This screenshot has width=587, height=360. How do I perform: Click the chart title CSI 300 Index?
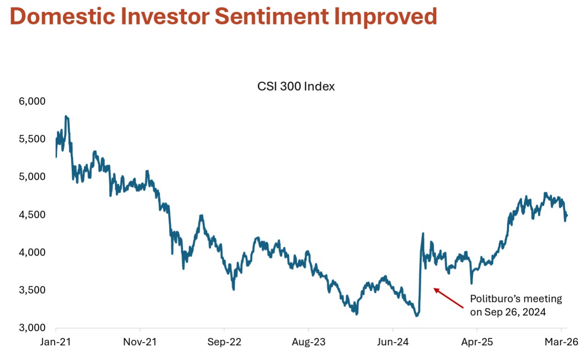pyautogui.click(x=296, y=86)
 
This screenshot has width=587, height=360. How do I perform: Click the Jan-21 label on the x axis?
pyautogui.click(x=56, y=343)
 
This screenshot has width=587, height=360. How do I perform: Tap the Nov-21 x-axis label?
pyautogui.click(x=140, y=343)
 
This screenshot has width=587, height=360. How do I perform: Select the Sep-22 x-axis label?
pyautogui.click(x=224, y=343)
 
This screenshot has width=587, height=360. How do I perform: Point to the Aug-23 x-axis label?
pyautogui.click(x=308, y=343)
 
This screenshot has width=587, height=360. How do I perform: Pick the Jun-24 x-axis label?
pyautogui.click(x=392, y=343)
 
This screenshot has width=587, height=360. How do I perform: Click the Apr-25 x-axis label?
pyautogui.click(x=477, y=343)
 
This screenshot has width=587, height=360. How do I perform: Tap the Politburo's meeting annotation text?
pyautogui.click(x=516, y=305)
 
